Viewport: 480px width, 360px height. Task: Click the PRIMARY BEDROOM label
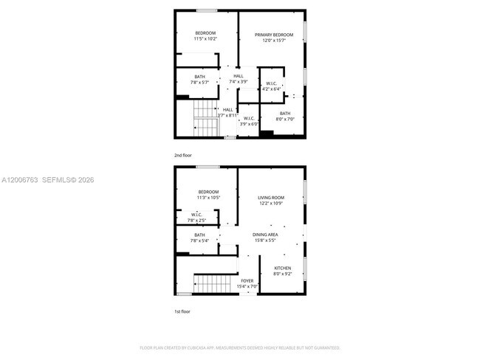pos(274,35)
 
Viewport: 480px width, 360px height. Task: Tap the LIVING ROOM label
pos(270,198)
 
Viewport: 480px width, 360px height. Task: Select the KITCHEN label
pos(283,268)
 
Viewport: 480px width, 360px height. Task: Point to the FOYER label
pos(247,280)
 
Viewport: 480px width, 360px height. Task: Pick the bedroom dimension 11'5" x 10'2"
pos(205,38)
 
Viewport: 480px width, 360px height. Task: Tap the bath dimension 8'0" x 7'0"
pos(285,119)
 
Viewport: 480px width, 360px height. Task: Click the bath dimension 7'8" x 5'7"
pos(200,83)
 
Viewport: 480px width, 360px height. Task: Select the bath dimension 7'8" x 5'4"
pos(200,240)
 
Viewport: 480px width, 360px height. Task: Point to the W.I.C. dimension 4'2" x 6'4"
pos(272,89)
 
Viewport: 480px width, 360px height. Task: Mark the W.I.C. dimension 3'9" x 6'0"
pos(249,124)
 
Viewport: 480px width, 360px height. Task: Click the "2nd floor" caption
pos(183,156)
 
